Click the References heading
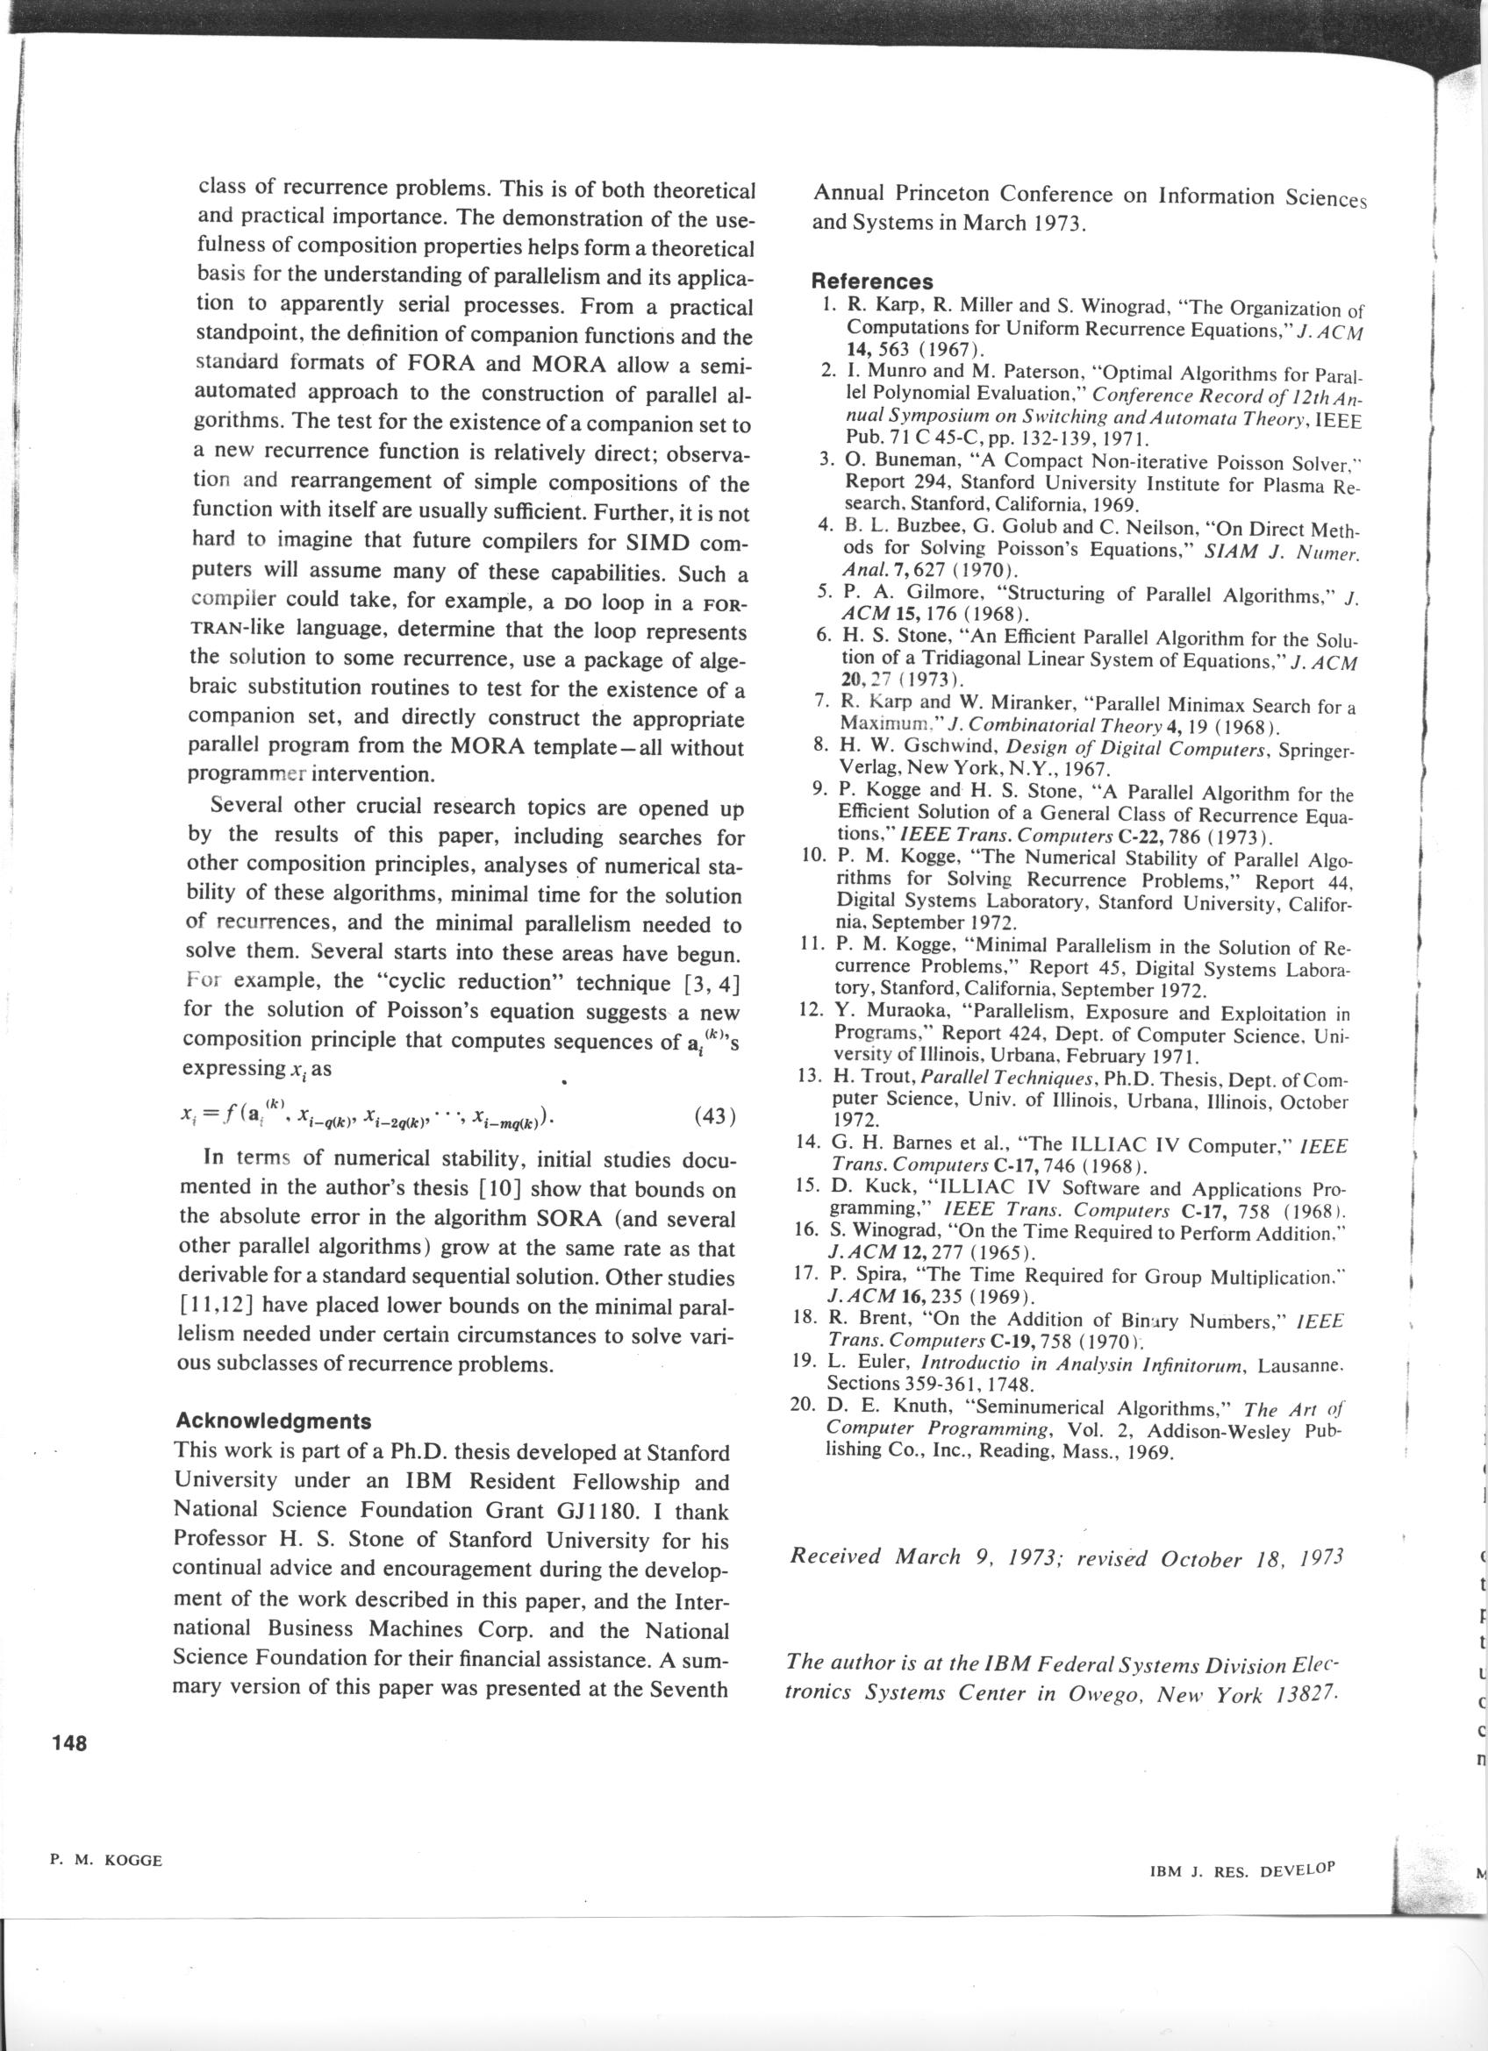[872, 282]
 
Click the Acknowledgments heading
[272, 1419]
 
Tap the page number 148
[68, 1769]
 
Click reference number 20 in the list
[805, 1407]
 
